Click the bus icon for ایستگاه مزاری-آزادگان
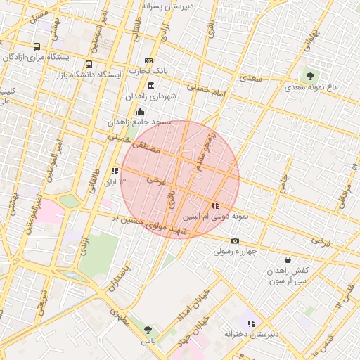tap(37, 47)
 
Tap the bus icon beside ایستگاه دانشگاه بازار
tap(89, 65)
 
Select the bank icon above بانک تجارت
tap(148, 60)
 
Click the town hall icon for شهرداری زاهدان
tap(151, 86)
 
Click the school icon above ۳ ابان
tap(115, 171)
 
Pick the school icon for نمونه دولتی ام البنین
tap(214, 206)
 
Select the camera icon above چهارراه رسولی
tap(235, 240)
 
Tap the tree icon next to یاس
tap(148, 329)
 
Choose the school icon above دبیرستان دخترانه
tap(251, 323)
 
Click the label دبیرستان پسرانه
tap(173, 6)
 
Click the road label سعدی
tap(250, 79)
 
